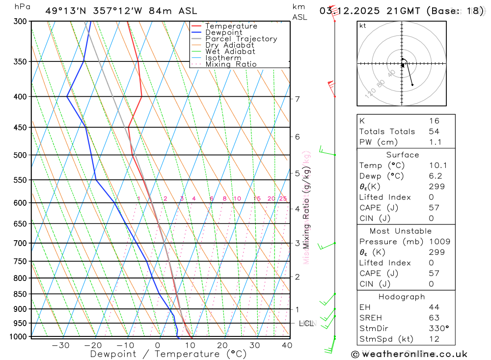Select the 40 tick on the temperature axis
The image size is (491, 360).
click(287, 345)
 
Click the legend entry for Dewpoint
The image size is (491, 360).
click(223, 32)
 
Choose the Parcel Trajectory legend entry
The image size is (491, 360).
click(241, 39)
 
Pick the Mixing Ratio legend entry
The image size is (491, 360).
click(231, 64)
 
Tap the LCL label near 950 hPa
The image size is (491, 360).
click(306, 323)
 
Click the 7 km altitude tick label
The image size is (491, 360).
click(297, 99)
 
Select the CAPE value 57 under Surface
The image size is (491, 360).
click(434, 208)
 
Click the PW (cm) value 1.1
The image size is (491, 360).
click(435, 142)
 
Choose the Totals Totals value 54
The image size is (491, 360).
click(434, 132)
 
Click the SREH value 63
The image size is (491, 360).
click(434, 318)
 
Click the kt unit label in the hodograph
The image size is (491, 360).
click(363, 26)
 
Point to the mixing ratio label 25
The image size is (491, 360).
click(283, 199)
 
